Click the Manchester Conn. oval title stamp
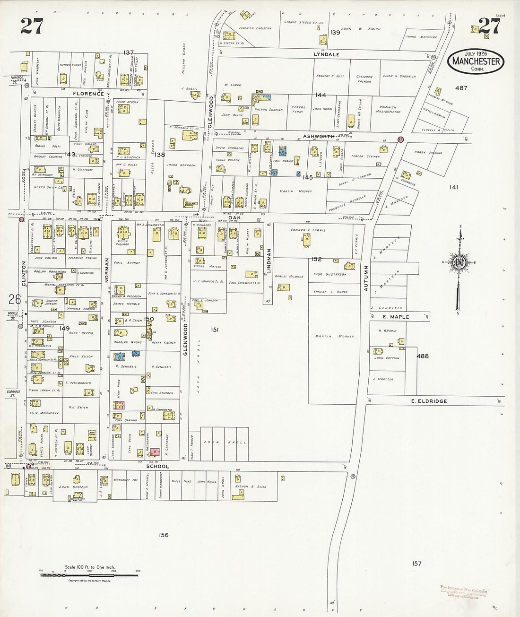pos(476,61)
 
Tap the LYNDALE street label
pos(327,54)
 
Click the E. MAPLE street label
pos(396,317)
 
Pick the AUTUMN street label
pos(366,278)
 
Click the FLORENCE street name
pos(88,94)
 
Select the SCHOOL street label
pos(157,466)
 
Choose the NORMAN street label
pos(107,270)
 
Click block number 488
pos(422,356)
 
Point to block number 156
pos(164,535)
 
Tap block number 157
pos(416,563)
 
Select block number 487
pos(461,88)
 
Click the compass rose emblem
pos(459,263)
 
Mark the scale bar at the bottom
pos(90,575)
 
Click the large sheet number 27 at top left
pos(32,26)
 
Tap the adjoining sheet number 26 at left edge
pos(14,299)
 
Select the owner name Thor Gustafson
pos(330,274)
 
